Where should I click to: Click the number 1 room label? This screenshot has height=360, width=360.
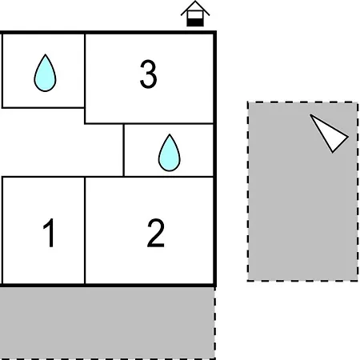pyautogui.click(x=50, y=233)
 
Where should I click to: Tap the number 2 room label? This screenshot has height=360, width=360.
pyautogui.click(x=156, y=233)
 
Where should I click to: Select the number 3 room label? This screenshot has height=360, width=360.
pyautogui.click(x=149, y=74)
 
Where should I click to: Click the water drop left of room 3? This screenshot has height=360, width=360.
pyautogui.click(x=45, y=73)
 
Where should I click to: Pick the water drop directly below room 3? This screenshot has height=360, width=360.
pyautogui.click(x=170, y=153)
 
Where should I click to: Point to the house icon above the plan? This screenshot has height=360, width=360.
pyautogui.click(x=195, y=14)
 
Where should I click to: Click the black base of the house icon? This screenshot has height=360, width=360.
pyautogui.click(x=195, y=22)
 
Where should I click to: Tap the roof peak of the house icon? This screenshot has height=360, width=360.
pyautogui.click(x=195, y=2)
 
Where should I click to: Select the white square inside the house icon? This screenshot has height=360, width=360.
pyautogui.click(x=195, y=15)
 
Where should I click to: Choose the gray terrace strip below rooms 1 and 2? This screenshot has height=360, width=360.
pyautogui.click(x=106, y=323)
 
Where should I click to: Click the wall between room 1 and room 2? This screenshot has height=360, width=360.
pyautogui.click(x=85, y=230)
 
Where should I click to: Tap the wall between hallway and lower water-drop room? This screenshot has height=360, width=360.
pyautogui.click(x=124, y=150)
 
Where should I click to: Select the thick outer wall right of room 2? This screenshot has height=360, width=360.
pyautogui.click(x=215, y=231)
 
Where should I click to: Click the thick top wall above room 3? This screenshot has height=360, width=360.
pyautogui.click(x=150, y=33)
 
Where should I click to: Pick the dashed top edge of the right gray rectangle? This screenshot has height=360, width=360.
pyautogui.click(x=302, y=102)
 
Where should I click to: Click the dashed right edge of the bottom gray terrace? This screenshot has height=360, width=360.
pyautogui.click(x=214, y=323)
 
